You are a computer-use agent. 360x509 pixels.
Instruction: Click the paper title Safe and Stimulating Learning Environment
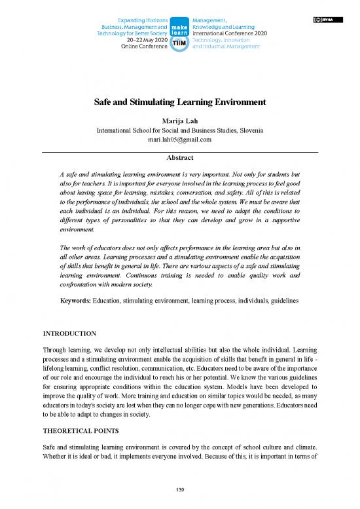pos(180,102)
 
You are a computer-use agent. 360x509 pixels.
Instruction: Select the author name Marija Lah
pos(180,121)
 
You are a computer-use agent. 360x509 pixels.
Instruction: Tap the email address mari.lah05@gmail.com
pos(180,140)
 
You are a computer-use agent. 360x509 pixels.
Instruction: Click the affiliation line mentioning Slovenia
pos(180,130)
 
